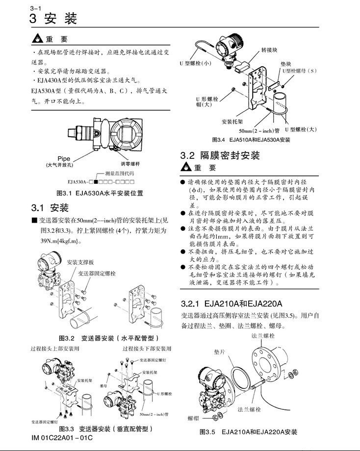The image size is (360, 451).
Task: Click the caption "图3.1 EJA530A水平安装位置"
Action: click(100, 193)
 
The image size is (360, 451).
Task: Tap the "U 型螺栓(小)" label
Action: click(195, 63)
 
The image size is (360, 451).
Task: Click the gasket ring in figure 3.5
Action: click(240, 380)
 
